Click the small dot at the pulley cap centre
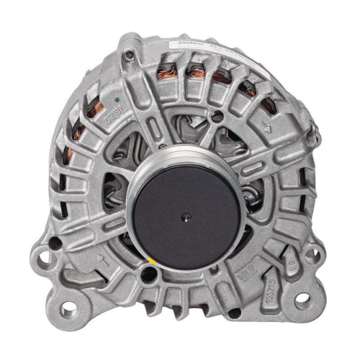pos(186,215)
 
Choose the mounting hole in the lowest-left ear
pos(68,310)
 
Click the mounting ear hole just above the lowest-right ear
pos(311,253)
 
